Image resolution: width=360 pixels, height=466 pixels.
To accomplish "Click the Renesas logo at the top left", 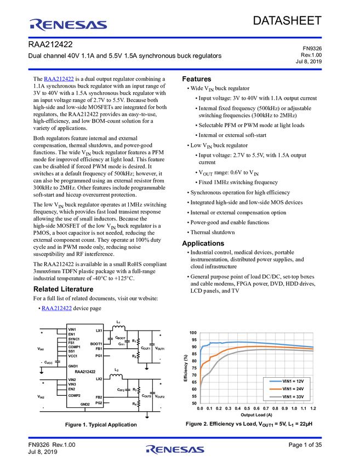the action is [69, 24].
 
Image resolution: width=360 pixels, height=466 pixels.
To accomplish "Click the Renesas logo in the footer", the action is [174, 450].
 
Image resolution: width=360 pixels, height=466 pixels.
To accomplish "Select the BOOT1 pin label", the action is [96, 344].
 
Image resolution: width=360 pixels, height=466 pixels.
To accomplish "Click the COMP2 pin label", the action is [75, 395].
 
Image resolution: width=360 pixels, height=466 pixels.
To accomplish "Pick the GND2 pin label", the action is [85, 404].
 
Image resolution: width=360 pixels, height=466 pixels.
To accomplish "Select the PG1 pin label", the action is [99, 356].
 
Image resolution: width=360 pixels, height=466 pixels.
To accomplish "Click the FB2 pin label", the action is [99, 397].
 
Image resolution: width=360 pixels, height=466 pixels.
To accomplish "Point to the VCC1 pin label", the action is [73, 356].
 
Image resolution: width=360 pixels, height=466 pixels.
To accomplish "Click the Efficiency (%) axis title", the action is [186, 368].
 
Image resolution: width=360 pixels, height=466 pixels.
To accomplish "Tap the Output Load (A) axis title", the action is [256, 415].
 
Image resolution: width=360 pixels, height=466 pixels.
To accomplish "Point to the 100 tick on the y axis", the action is [193, 333].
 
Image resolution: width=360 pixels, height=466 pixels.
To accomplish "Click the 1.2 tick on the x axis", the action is [313, 408].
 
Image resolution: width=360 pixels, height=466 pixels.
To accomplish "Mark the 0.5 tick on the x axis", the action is [247, 408].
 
